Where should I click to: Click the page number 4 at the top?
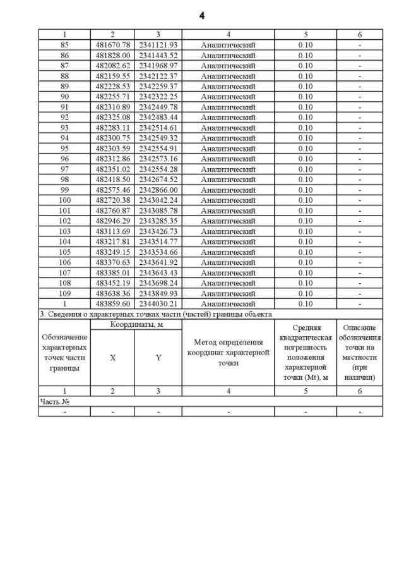(201, 15)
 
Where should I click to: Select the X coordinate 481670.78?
(112, 45)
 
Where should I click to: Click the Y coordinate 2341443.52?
(158, 56)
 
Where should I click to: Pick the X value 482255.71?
(112, 97)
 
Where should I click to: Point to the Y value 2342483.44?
(158, 118)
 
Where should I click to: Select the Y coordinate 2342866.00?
(158, 190)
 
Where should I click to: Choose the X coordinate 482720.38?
(112, 200)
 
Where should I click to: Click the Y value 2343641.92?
(158, 262)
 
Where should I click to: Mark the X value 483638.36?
(112, 293)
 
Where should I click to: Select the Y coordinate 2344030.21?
(158, 303)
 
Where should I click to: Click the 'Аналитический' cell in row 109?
(228, 293)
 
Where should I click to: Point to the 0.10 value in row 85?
(305, 45)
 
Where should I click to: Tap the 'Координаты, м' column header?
(136, 324)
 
